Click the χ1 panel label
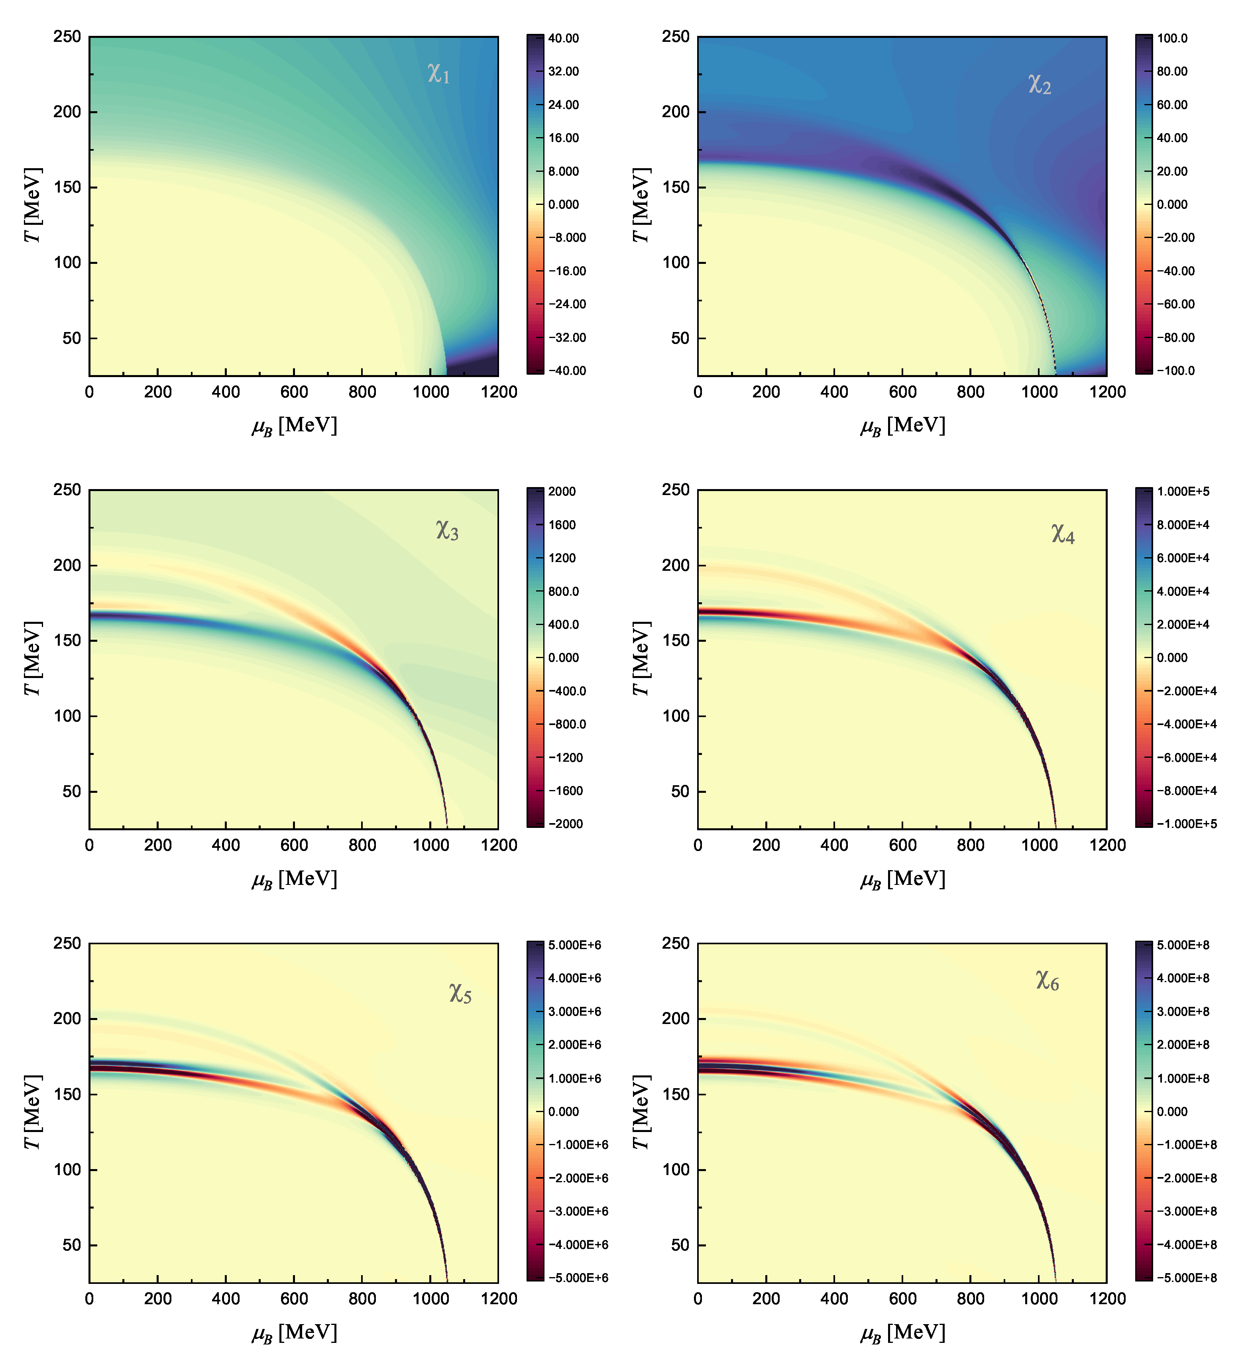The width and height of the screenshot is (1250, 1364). coord(438,73)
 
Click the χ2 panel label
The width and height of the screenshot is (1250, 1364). coord(1040,84)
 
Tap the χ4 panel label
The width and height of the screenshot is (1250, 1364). coord(1063,534)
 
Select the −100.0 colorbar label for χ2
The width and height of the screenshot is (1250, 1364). coord(1175,371)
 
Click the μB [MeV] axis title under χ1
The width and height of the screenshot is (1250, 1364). coord(294,426)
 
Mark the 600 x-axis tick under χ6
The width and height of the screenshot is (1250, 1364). coord(902,1299)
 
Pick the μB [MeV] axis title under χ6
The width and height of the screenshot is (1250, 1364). coord(902,1333)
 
